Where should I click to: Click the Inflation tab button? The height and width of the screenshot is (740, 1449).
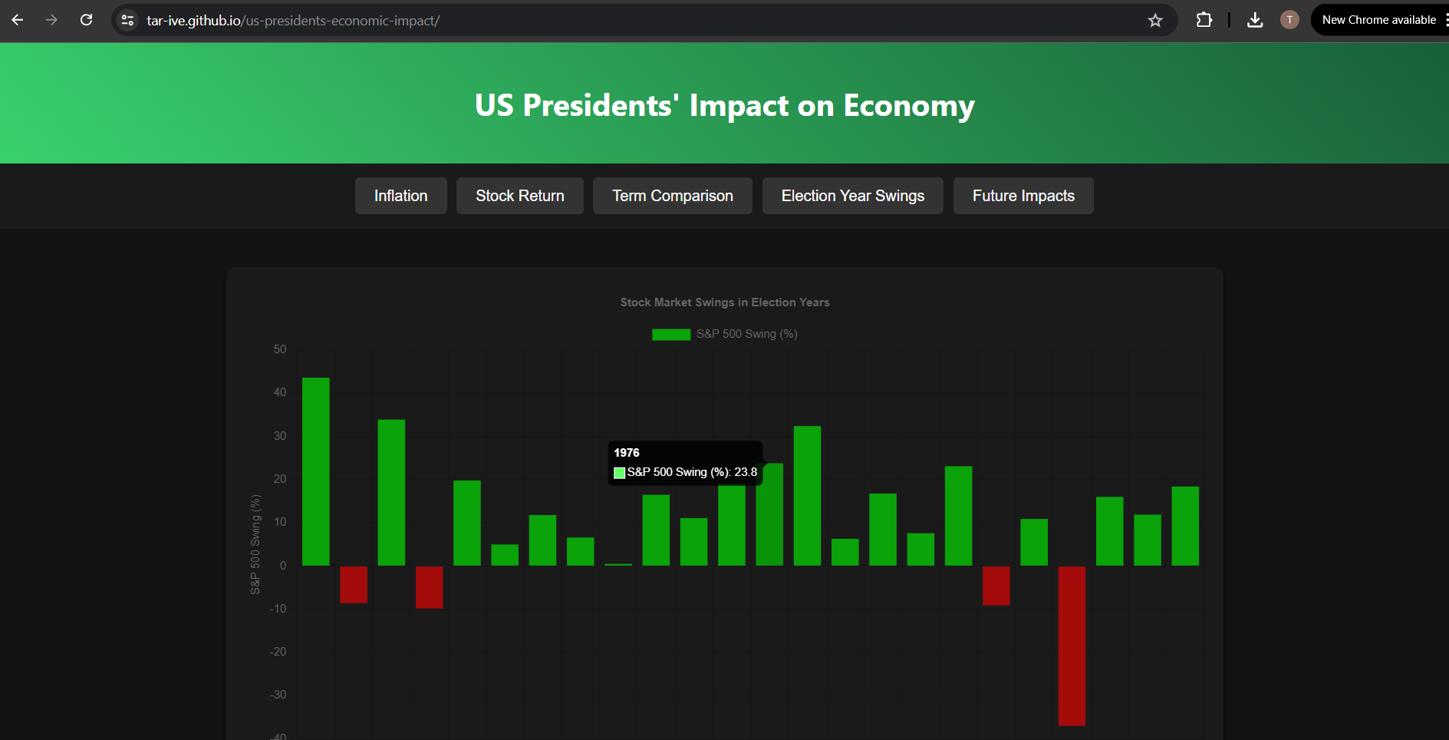(x=400, y=196)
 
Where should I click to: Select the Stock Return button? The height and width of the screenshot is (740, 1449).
(x=519, y=196)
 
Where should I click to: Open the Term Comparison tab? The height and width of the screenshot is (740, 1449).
(x=672, y=196)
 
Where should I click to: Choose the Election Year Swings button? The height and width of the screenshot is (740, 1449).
(x=852, y=196)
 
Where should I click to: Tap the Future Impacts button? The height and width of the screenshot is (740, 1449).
(x=1023, y=196)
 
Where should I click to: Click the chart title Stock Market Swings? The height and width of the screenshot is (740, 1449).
(x=724, y=302)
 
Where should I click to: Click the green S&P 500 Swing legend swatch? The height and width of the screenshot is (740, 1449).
(x=670, y=334)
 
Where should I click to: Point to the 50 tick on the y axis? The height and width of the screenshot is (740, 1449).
(x=280, y=349)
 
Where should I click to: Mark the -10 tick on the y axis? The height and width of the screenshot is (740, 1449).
(x=278, y=609)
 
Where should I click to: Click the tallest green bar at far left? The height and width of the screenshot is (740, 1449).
(x=315, y=471)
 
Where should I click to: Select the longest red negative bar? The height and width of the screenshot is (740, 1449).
(x=1071, y=645)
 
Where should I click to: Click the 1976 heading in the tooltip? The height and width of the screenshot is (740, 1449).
(x=627, y=453)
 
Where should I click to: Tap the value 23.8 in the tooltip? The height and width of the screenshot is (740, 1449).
(x=746, y=472)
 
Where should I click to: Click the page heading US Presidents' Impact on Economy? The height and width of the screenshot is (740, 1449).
(x=724, y=105)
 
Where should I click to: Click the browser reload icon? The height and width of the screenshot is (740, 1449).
(x=87, y=20)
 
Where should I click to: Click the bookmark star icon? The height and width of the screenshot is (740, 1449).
(x=1155, y=21)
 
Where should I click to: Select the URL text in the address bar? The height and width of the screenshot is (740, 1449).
(x=293, y=21)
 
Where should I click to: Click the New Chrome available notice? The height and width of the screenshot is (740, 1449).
(x=1378, y=20)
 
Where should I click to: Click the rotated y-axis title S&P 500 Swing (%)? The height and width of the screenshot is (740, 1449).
(x=255, y=543)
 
